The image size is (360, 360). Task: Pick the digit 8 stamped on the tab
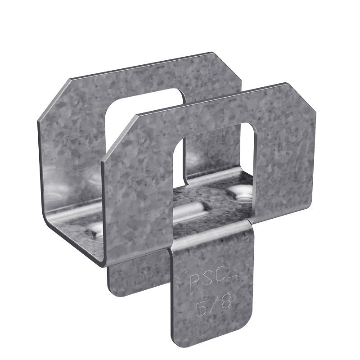pos(225,303)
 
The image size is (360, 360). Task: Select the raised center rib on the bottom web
pos(189,211)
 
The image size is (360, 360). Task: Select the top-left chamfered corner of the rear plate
pos(53,97)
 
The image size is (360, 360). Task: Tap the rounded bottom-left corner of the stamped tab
pos(177,340)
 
